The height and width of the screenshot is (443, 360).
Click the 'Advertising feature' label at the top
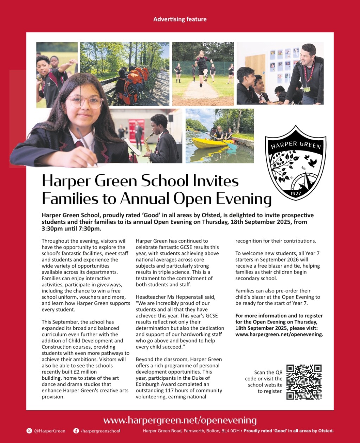(180, 19)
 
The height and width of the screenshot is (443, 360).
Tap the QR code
(304, 382)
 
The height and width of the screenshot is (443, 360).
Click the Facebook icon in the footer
(76, 431)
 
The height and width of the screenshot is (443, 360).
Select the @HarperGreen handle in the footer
(50, 431)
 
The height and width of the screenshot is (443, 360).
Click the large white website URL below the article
(180, 420)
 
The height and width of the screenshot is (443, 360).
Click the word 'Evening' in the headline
(242, 199)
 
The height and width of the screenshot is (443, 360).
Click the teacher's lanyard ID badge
(307, 89)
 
